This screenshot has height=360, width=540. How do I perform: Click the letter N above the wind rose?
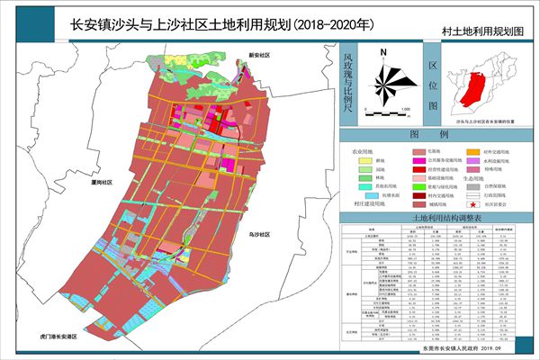[x=383, y=53]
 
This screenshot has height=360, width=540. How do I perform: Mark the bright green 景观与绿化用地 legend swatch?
[x=418, y=184]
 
